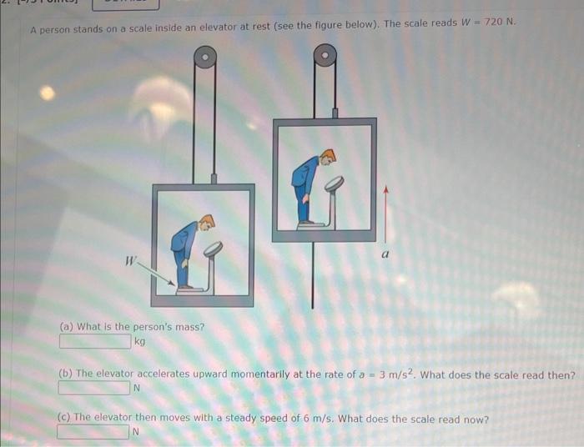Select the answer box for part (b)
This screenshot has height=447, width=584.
point(94,388)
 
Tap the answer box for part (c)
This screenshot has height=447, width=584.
point(93,432)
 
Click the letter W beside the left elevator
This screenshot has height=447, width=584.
point(130,260)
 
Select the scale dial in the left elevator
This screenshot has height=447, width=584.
point(213,248)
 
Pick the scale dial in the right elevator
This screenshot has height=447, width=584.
point(334,182)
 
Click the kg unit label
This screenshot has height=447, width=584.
point(139,342)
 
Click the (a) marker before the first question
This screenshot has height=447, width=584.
point(66,327)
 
